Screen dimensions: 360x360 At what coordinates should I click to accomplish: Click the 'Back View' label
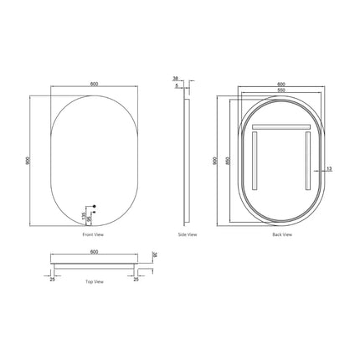tap(282, 236)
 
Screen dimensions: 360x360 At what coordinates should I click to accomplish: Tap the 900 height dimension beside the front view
tap(28, 159)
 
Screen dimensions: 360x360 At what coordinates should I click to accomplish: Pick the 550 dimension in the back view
tap(280, 89)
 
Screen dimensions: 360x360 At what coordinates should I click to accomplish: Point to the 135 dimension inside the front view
tap(85, 216)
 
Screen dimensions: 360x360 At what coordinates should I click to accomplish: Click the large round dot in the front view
tap(95, 206)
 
